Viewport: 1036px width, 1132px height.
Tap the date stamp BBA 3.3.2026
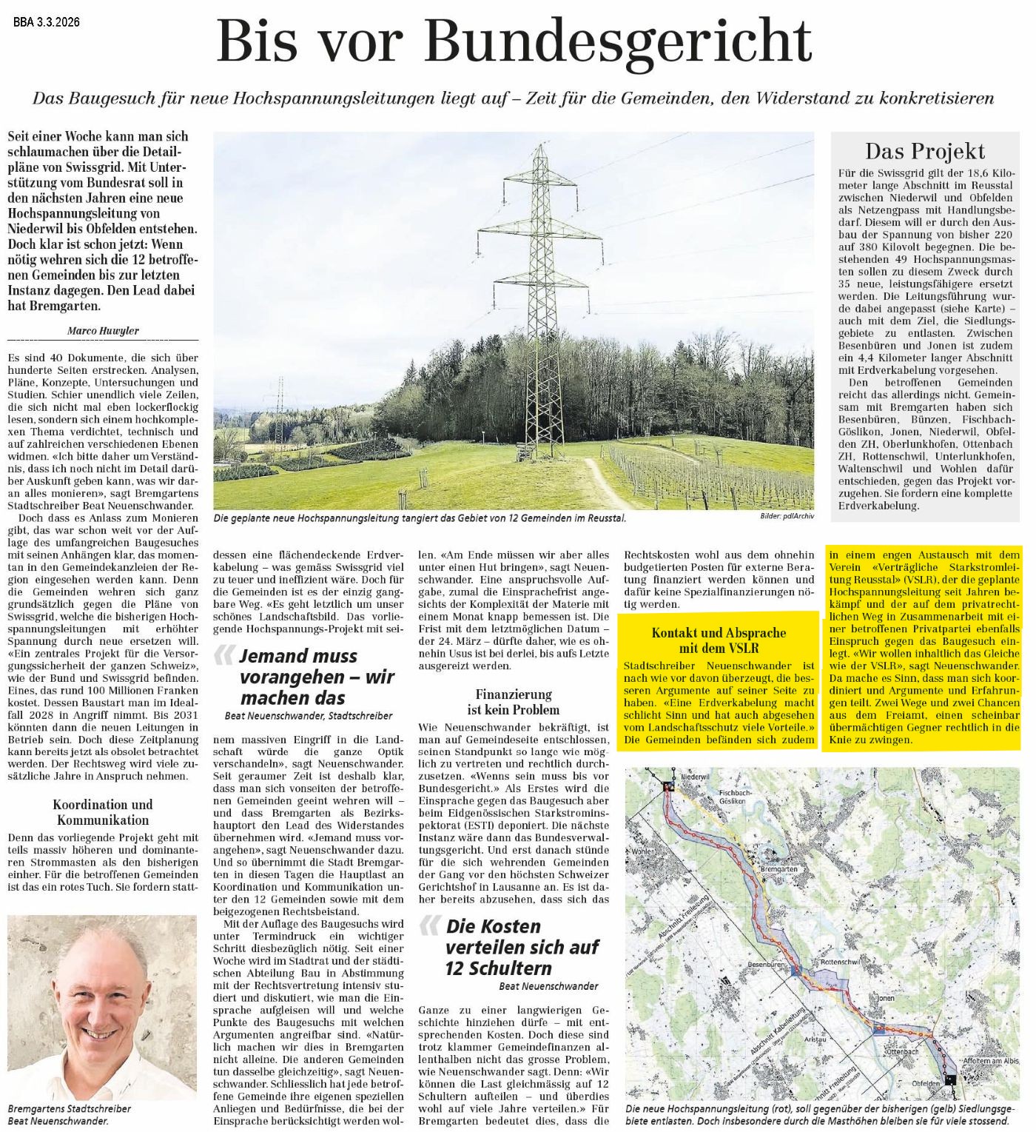47,22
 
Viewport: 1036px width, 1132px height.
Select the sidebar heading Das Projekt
925,151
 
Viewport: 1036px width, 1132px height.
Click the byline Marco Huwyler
103,331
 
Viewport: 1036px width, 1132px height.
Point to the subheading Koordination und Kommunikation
103,812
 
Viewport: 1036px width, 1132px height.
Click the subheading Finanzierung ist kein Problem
514,701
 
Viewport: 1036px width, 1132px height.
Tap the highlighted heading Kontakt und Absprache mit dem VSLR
719,640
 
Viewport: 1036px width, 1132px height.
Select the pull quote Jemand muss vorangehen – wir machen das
307,677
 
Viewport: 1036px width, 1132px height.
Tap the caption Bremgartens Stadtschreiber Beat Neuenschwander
70,1114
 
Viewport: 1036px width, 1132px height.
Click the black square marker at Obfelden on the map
951,1080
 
